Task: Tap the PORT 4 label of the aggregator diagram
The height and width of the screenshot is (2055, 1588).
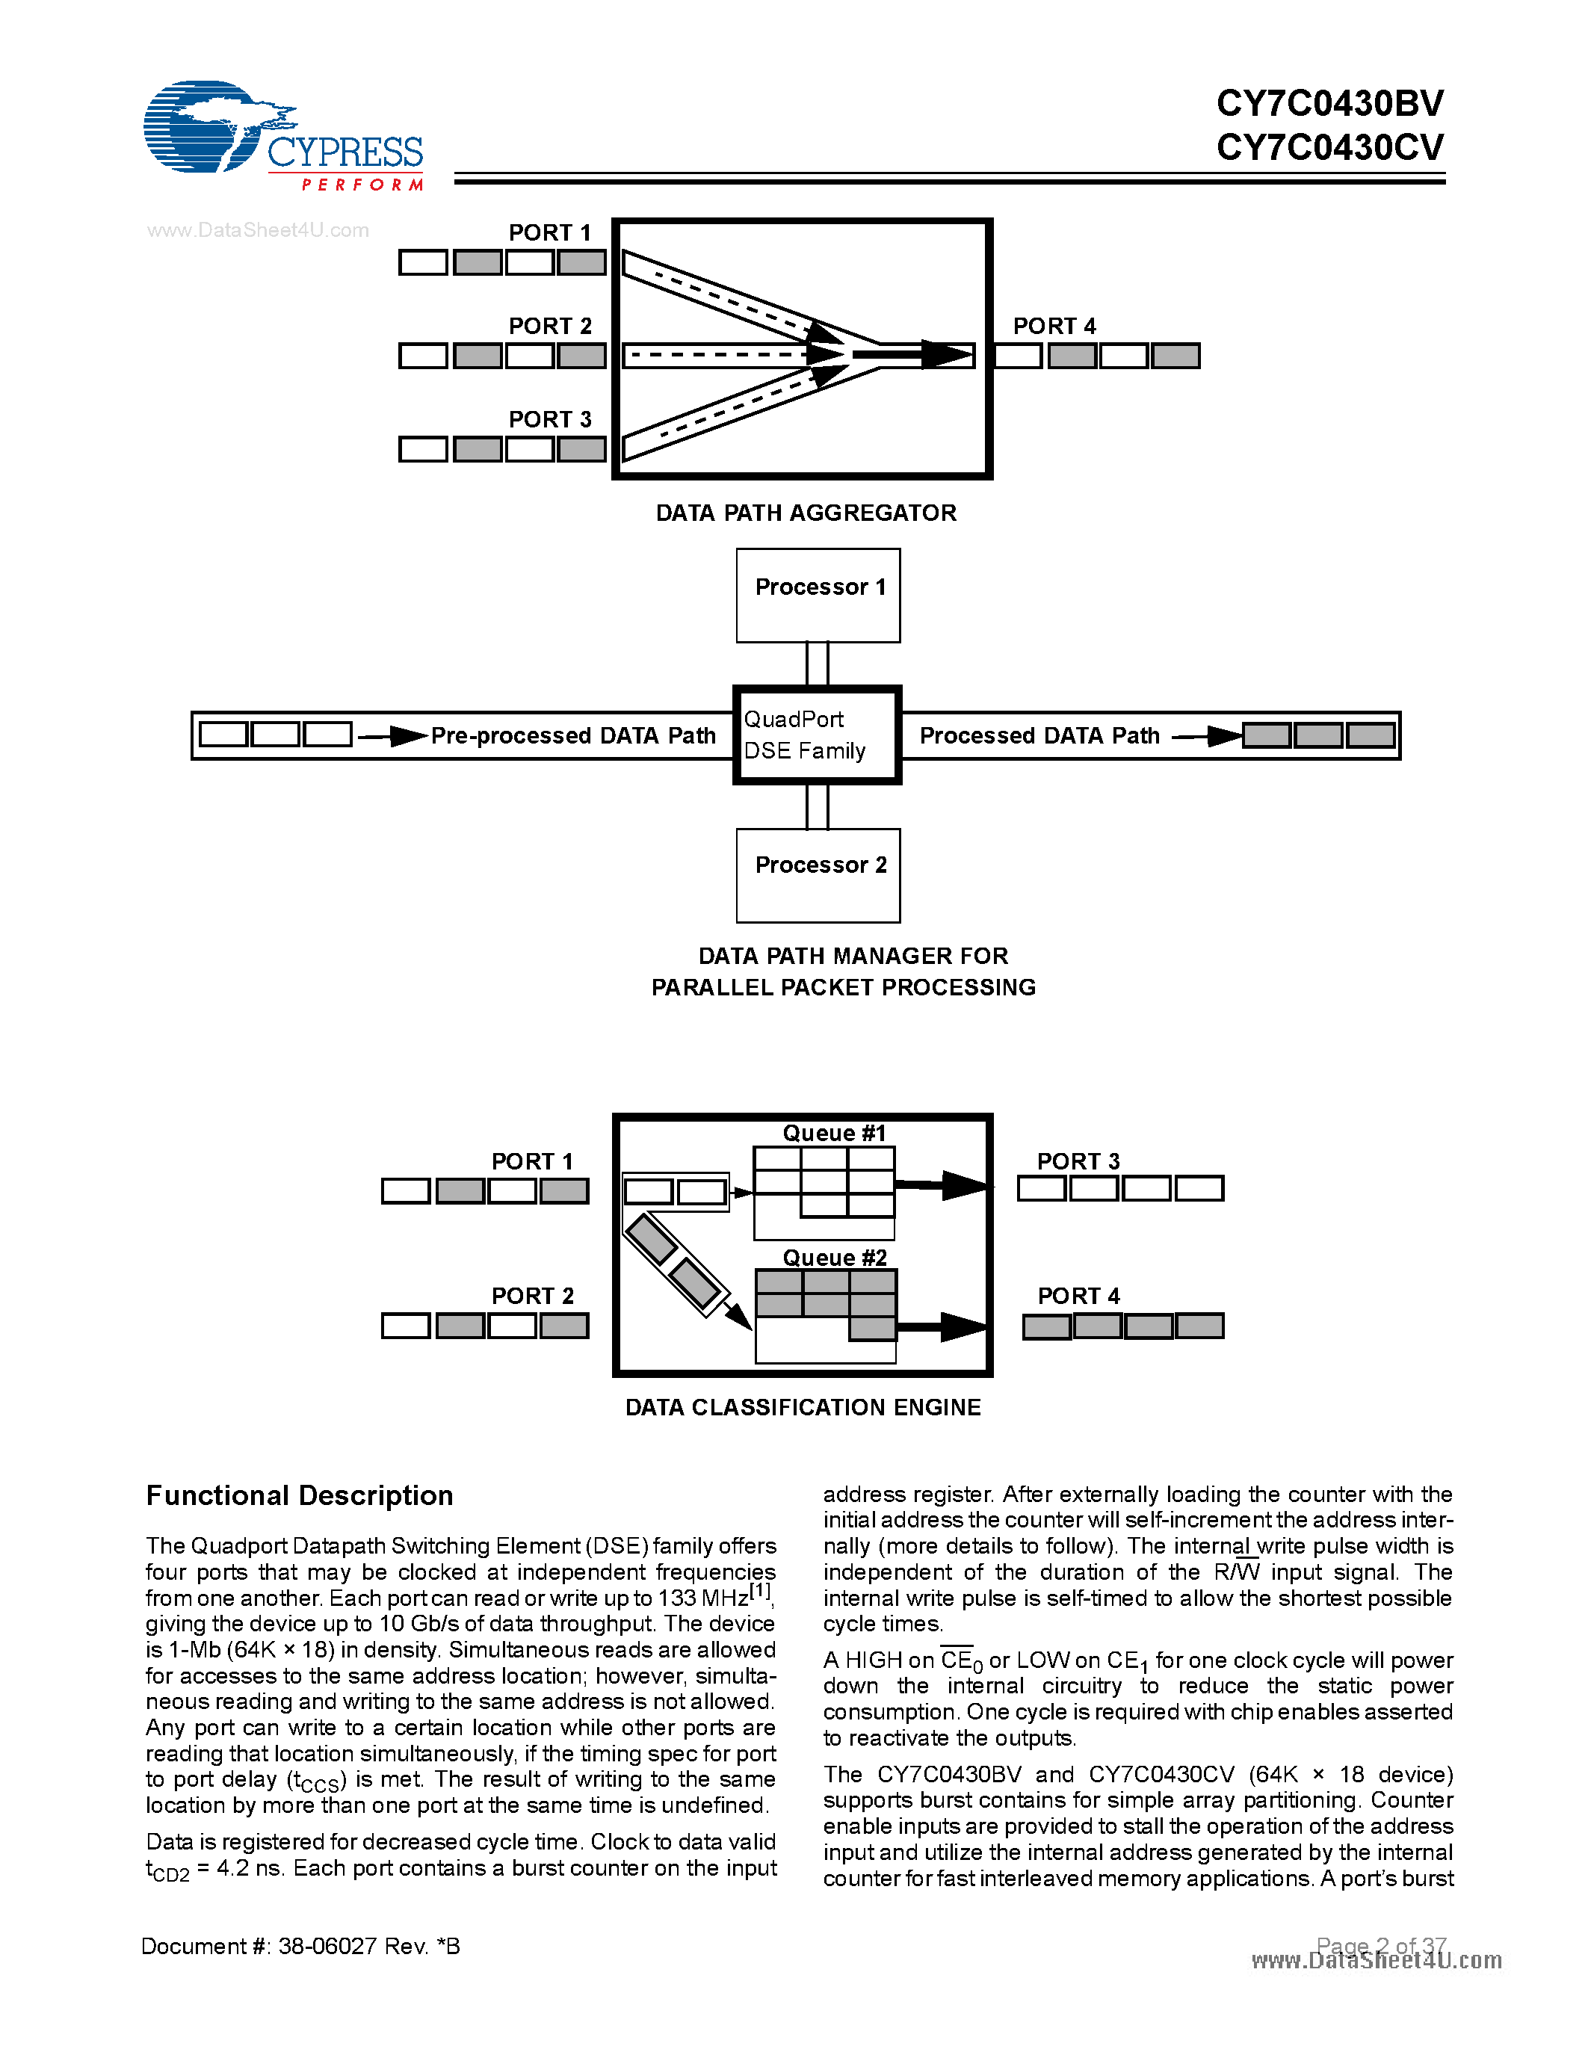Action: point(1054,327)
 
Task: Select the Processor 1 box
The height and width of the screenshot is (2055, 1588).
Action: point(818,595)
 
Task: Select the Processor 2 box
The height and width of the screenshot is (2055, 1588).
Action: point(818,874)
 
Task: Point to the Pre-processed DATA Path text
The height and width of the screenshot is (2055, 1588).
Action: point(573,736)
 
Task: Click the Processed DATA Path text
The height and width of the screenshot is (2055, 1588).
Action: point(1039,736)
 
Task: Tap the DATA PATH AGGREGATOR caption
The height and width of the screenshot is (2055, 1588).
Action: point(806,513)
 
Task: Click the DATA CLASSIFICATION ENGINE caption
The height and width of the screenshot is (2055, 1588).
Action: point(803,1408)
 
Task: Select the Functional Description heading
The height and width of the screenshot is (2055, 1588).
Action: point(299,1496)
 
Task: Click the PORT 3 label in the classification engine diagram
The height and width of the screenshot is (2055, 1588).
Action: point(1078,1161)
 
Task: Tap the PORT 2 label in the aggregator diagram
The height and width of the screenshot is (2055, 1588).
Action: point(550,327)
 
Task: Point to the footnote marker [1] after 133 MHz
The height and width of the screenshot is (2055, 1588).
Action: point(760,1592)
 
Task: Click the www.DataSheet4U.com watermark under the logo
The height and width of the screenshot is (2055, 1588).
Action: point(258,230)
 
